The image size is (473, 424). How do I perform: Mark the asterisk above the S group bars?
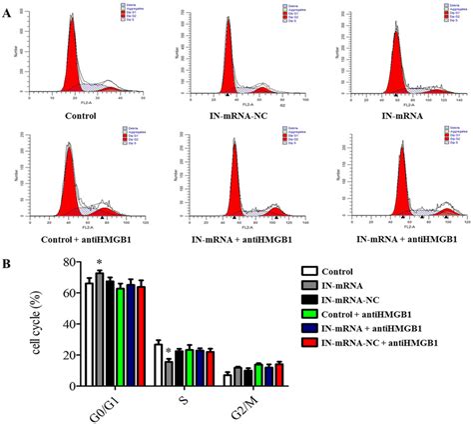[x=168, y=351]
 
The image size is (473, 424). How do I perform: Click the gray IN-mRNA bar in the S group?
[x=169, y=373]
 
